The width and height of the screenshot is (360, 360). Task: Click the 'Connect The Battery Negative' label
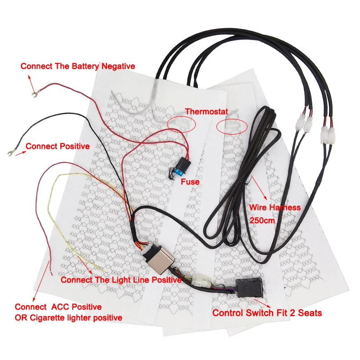tap(77, 66)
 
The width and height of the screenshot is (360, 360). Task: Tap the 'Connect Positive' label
tap(58, 146)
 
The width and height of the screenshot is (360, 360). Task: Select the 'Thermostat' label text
tap(207, 111)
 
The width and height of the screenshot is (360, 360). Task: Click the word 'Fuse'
tap(190, 182)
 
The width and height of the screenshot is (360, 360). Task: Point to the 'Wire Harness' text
tap(274, 207)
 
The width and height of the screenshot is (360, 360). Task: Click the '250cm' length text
tap(261, 221)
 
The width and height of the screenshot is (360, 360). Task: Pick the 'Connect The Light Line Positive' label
tap(121, 280)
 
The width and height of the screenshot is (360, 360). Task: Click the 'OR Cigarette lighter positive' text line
tap(68, 318)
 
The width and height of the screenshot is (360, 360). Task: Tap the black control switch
tap(247, 288)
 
